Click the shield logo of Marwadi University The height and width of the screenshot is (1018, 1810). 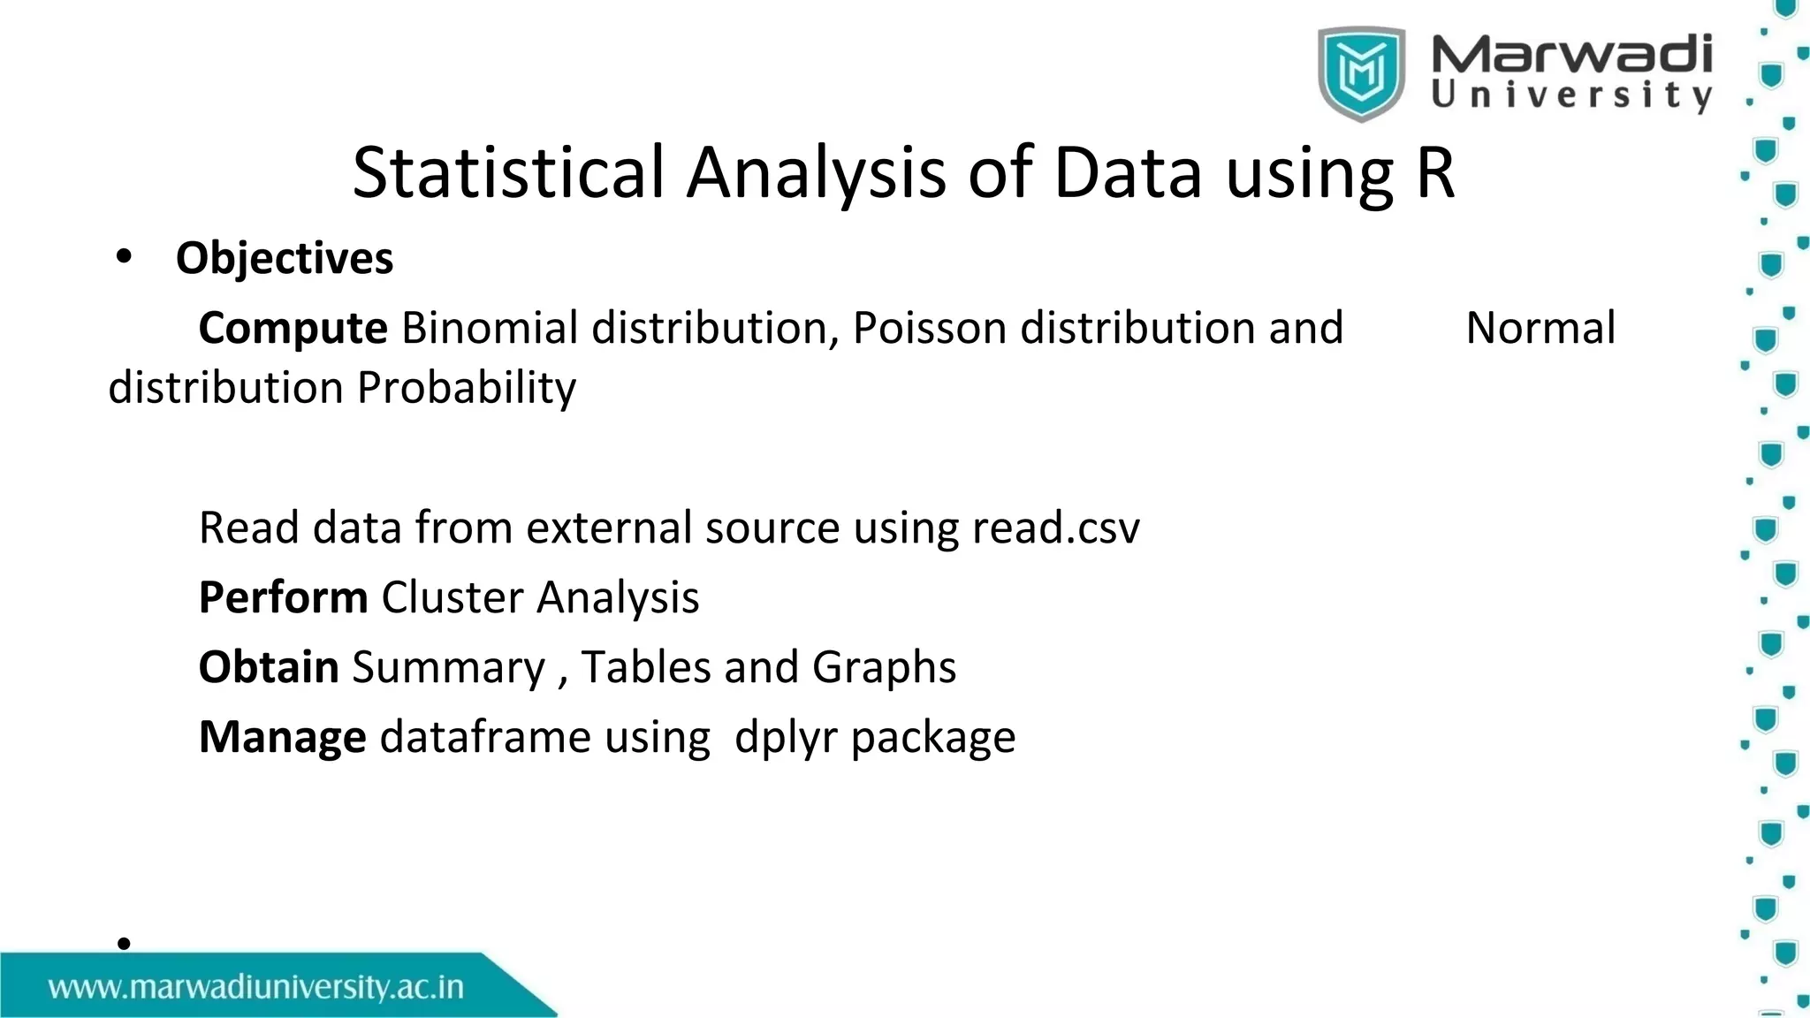point(1361,73)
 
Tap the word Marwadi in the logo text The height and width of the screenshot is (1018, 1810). point(1571,55)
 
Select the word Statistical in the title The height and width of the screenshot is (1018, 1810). point(508,172)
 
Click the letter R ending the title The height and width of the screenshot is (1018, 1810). point(1434,172)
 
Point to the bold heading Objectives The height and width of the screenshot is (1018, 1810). point(285,259)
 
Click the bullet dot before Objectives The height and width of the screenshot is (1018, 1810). point(124,257)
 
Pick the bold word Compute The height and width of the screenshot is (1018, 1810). point(293,328)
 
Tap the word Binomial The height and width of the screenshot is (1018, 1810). point(490,328)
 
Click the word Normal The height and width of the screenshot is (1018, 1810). point(1540,328)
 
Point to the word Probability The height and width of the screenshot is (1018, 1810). point(467,388)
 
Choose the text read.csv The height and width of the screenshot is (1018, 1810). point(1056,528)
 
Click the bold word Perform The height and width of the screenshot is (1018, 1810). point(283,597)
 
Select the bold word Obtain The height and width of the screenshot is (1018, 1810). point(269,667)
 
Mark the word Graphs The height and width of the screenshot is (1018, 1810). point(884,667)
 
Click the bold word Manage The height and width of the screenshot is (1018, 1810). point(282,737)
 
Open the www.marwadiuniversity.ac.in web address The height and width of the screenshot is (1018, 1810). point(256,987)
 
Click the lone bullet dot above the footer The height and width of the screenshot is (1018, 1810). point(124,943)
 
